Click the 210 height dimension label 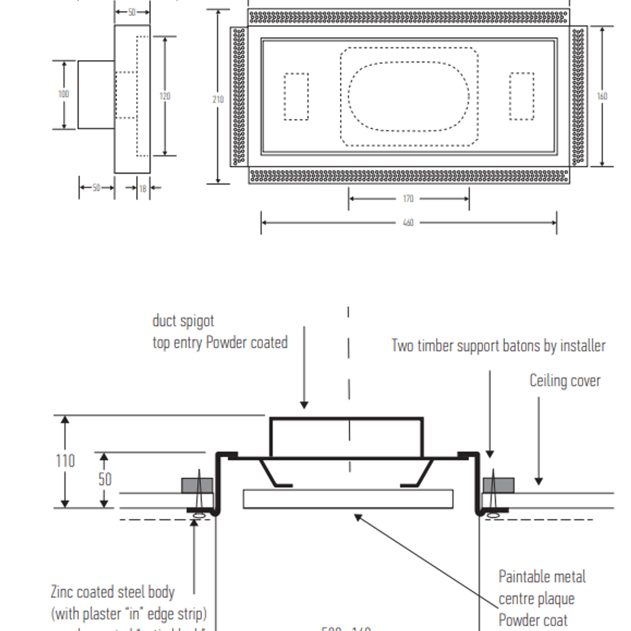[x=218, y=99]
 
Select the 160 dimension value [x=602, y=96]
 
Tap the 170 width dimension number [x=408, y=198]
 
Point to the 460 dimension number [x=408, y=223]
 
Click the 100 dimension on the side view [x=64, y=94]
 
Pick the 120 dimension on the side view [x=165, y=96]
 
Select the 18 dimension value [x=143, y=189]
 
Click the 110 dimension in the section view [x=65, y=461]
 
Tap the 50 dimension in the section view [x=105, y=479]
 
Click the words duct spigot [x=183, y=321]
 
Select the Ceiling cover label [x=564, y=381]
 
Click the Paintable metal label [x=542, y=577]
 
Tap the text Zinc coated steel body [x=113, y=592]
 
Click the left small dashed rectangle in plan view [x=296, y=97]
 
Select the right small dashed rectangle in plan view [x=521, y=97]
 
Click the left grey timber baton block [x=197, y=485]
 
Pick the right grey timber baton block [x=498, y=485]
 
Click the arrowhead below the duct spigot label [x=304, y=405]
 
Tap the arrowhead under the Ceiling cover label [x=538, y=481]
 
